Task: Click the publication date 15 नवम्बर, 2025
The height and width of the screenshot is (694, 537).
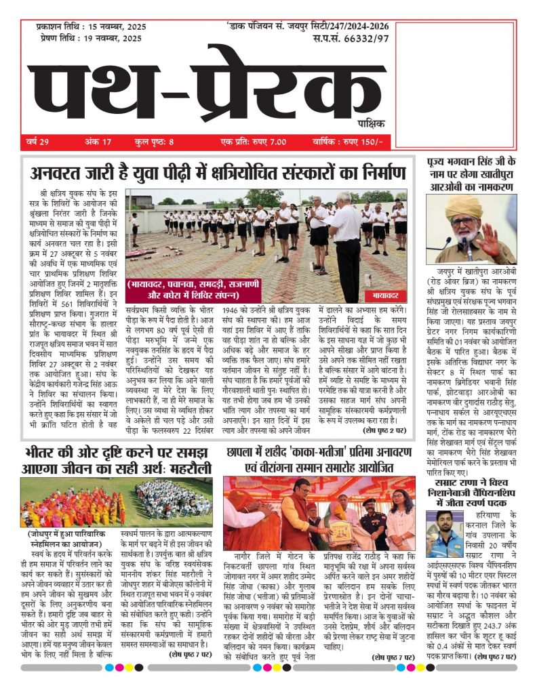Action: [x=113, y=27]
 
